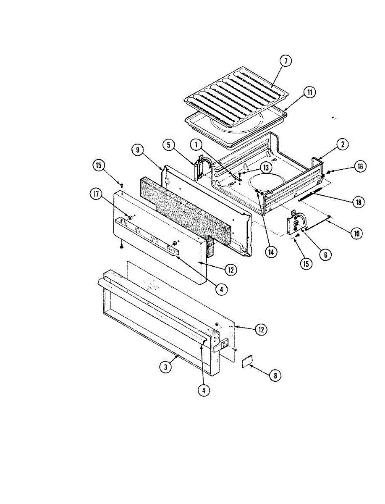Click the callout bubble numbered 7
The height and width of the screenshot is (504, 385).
(x=286, y=61)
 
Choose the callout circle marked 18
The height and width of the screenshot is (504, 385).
(x=358, y=202)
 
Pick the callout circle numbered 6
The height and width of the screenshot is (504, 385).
(x=325, y=254)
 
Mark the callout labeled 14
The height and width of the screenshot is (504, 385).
(x=271, y=252)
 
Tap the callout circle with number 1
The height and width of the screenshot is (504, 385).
(x=196, y=145)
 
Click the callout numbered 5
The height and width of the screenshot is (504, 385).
(x=168, y=145)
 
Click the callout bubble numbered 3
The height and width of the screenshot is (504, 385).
(x=166, y=366)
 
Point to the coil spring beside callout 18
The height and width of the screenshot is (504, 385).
(x=310, y=195)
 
